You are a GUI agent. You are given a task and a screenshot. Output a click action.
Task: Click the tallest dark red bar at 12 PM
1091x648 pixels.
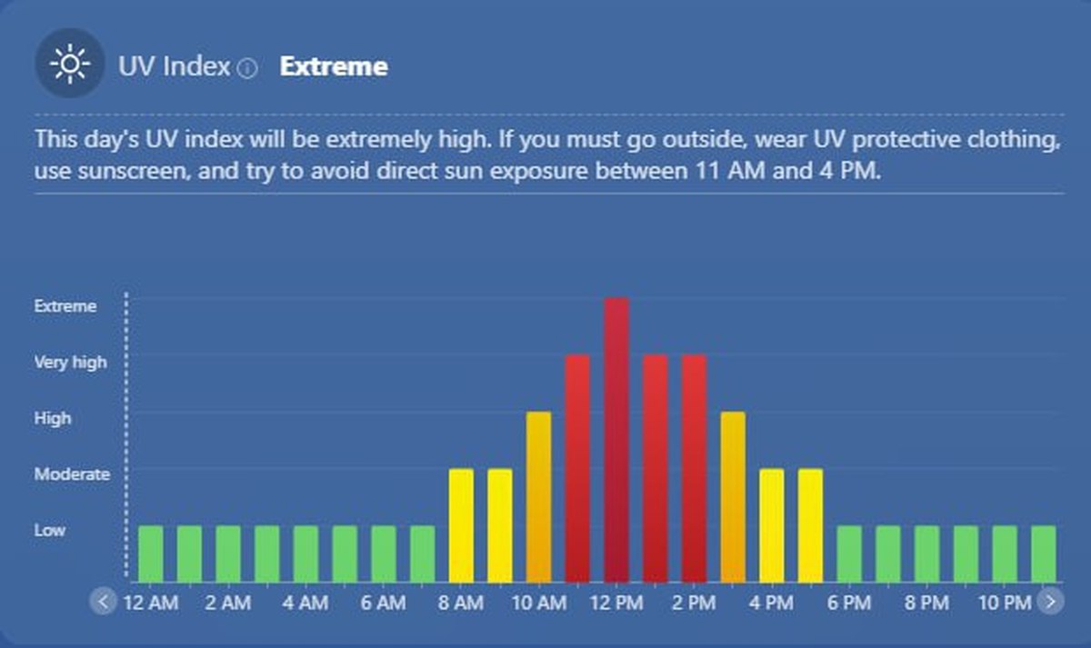pyautogui.click(x=616, y=440)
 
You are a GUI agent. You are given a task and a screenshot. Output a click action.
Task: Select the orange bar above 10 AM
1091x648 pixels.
pyautogui.click(x=538, y=496)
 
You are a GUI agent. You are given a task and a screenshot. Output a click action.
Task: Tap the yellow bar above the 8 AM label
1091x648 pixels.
pyautogui.click(x=461, y=524)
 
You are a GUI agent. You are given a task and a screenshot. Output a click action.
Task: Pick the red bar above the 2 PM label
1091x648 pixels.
pyautogui.click(x=694, y=468)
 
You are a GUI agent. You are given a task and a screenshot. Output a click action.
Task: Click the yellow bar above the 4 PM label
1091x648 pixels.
pyautogui.click(x=772, y=524)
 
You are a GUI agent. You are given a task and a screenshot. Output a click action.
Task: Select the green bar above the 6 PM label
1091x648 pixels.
pyautogui.click(x=849, y=553)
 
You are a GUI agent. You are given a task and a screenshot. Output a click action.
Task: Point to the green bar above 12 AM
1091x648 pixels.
pyautogui.click(x=151, y=553)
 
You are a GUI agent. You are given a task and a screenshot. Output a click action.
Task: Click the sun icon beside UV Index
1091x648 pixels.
pyautogui.click(x=69, y=63)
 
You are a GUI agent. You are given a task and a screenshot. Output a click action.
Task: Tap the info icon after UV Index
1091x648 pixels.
pyautogui.click(x=247, y=68)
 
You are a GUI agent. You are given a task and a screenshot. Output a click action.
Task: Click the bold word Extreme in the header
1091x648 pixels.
pyautogui.click(x=334, y=66)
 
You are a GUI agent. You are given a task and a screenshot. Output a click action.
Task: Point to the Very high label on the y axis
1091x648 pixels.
pyautogui.click(x=70, y=362)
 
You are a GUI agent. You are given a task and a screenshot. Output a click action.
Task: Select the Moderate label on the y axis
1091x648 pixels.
pyautogui.click(x=72, y=474)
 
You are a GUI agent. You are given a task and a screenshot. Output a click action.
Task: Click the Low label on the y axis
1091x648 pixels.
pyautogui.click(x=50, y=530)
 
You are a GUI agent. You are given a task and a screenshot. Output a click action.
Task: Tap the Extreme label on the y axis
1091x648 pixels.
pyautogui.click(x=65, y=306)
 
